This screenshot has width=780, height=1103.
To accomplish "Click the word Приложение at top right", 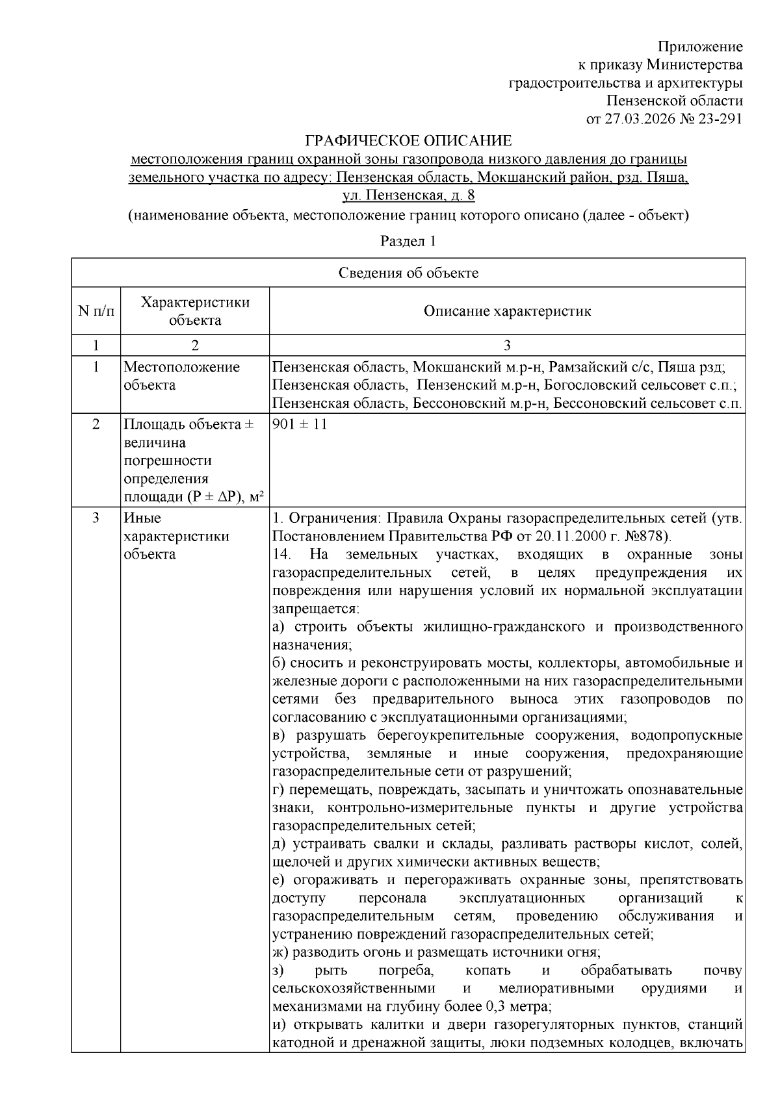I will (x=700, y=47).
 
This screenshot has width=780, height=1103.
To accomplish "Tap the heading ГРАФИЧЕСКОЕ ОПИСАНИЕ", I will (x=409, y=141).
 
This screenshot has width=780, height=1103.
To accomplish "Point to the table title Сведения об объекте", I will (x=408, y=273).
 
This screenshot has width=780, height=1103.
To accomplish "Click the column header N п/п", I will (x=96, y=311).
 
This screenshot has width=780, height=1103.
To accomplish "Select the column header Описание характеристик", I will (x=507, y=311).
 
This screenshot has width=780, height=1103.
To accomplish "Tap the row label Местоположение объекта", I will (x=181, y=376).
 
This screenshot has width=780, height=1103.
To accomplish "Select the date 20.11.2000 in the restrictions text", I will (x=570, y=537).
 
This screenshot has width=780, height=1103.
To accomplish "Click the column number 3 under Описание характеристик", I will (x=507, y=345).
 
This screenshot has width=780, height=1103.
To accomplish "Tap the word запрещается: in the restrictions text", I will (x=315, y=609).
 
